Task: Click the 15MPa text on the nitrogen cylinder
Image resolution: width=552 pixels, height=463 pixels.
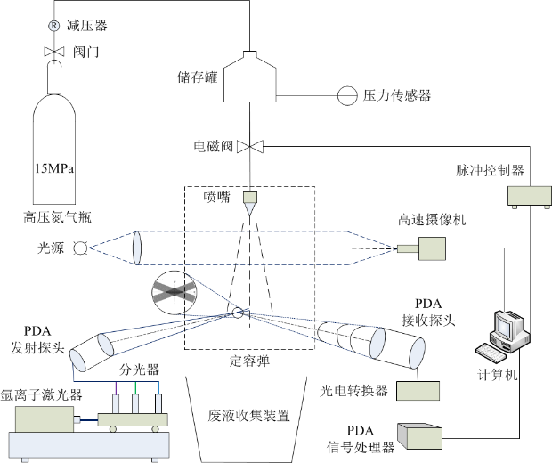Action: coord(53,167)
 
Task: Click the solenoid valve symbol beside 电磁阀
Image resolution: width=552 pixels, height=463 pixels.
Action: coord(252,146)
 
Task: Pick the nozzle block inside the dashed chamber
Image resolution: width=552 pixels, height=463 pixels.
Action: coord(249,198)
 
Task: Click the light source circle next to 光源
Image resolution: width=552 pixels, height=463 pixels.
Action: coord(80,248)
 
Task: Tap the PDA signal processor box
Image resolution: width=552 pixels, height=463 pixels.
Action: coord(424,435)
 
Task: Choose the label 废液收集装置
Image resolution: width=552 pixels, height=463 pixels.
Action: coord(248,415)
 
